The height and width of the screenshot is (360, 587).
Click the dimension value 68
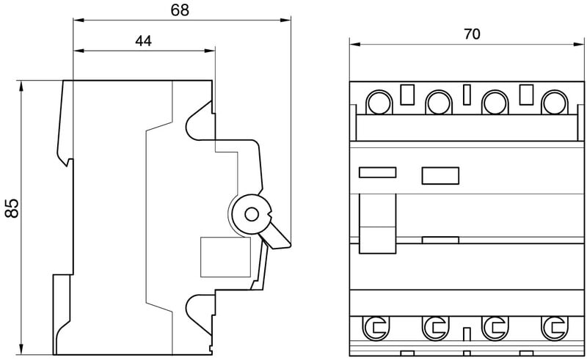[179, 10]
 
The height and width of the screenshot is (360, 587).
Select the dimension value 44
[143, 41]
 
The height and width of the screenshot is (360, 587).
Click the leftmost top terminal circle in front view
[379, 102]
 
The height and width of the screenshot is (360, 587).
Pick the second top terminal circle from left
[438, 102]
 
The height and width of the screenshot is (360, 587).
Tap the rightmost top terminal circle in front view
[552, 102]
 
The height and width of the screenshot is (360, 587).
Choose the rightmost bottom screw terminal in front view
[552, 326]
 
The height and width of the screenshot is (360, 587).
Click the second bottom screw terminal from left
[437, 326]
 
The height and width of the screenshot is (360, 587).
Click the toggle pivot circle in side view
[252, 214]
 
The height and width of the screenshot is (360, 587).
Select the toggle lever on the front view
[377, 221]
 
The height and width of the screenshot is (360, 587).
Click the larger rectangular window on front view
[440, 175]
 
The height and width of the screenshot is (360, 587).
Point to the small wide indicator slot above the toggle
[377, 173]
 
